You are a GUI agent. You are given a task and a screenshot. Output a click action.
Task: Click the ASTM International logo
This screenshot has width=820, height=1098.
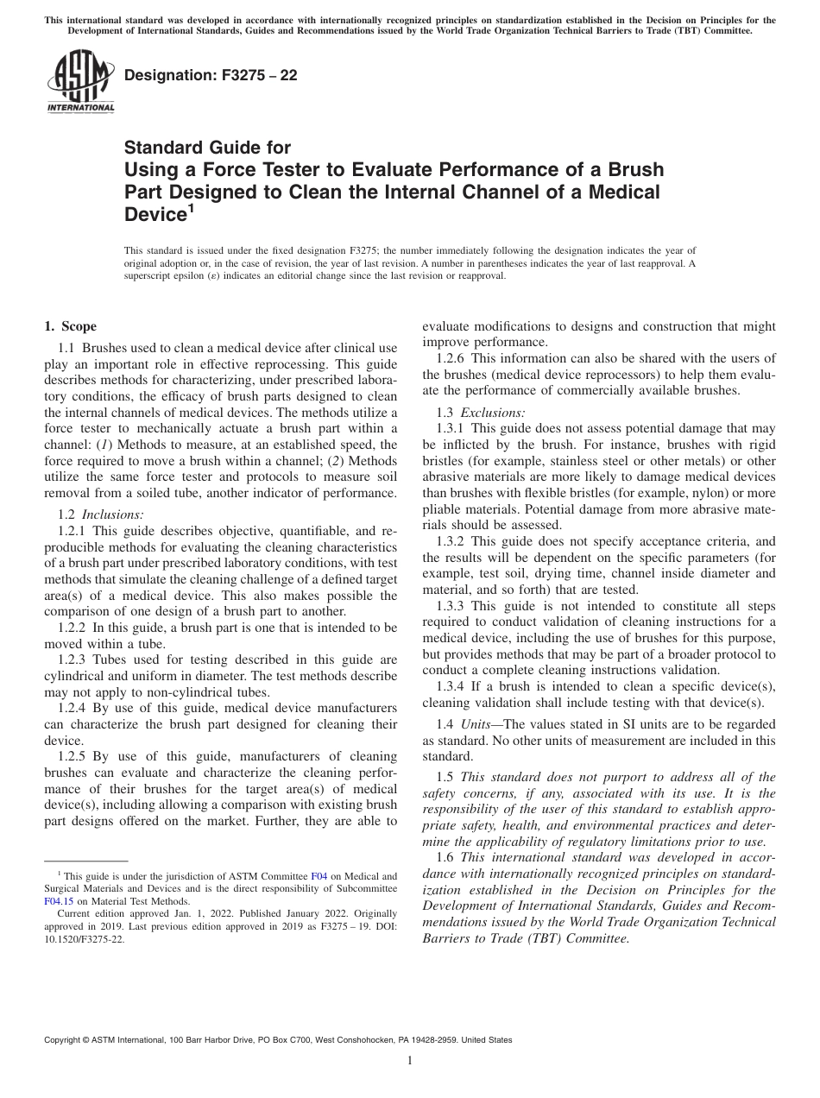tap(79, 81)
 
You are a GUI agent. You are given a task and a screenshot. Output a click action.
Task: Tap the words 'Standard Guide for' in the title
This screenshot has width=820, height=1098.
tap(208, 148)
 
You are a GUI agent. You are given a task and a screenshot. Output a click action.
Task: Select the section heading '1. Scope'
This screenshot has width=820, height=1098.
tap(70, 326)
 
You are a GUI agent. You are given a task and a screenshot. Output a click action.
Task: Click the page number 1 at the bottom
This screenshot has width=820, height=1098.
tap(410, 1061)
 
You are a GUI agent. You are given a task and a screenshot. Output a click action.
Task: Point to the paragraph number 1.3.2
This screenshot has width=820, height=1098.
tap(452, 541)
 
